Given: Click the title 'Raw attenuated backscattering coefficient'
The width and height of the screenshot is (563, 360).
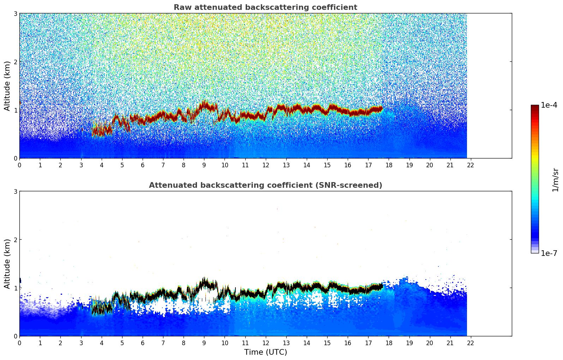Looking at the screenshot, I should [x=265, y=7].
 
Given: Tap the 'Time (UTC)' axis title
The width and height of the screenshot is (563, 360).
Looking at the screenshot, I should [x=265, y=352].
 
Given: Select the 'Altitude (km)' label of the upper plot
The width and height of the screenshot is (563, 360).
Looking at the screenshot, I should [x=7, y=86].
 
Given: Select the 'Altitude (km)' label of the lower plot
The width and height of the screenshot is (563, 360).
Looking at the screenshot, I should [x=7, y=264].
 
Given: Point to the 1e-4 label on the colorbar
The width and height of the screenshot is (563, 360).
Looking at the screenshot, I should [x=549, y=105].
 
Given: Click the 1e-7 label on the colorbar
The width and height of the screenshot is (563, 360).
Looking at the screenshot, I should [x=549, y=253].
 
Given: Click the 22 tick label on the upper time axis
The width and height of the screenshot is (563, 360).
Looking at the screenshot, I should [x=471, y=165].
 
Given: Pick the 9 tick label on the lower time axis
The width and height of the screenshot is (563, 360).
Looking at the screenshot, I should [x=204, y=343].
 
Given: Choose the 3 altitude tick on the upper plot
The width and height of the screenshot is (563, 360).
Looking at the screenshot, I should [x=15, y=13].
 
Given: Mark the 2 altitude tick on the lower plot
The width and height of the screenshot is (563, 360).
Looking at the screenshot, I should [x=15, y=240].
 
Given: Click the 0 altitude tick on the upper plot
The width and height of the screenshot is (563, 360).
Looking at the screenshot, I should [x=15, y=158].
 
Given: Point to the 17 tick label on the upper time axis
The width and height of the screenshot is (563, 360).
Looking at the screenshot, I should [x=368, y=165].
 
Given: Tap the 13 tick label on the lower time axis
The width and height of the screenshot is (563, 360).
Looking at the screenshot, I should [x=286, y=343].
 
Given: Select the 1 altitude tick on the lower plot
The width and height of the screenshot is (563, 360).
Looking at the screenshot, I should [x=15, y=288].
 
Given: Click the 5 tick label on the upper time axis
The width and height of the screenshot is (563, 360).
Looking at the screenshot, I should [x=122, y=165].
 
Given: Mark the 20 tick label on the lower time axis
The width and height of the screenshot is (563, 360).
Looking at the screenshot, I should [x=430, y=343].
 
